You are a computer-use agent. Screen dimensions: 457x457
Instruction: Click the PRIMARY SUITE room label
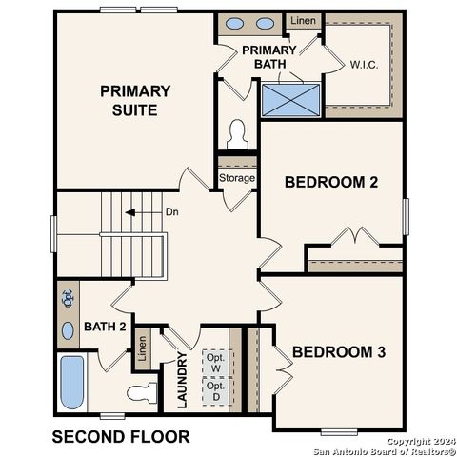click(135, 100)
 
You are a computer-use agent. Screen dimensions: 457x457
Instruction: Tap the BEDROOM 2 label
click(331, 182)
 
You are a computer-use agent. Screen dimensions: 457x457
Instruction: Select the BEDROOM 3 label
click(339, 352)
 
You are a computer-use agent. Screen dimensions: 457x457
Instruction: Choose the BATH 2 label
click(105, 327)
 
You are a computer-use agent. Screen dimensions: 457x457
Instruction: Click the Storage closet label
click(237, 178)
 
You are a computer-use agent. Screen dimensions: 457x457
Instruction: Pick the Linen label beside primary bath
click(303, 20)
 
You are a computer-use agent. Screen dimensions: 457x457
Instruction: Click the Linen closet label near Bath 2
click(142, 349)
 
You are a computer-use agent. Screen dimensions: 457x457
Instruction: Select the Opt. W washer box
click(216, 363)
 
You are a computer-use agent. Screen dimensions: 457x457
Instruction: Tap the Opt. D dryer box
click(216, 391)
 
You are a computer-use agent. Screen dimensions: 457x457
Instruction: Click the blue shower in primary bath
click(291, 99)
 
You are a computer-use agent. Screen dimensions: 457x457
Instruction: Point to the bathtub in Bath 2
click(72, 381)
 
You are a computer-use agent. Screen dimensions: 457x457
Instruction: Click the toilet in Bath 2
click(142, 391)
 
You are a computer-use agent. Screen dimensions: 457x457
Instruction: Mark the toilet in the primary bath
click(237, 134)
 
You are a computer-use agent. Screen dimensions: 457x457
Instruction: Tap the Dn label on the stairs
click(172, 212)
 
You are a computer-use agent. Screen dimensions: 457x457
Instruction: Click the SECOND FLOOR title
click(120, 437)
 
